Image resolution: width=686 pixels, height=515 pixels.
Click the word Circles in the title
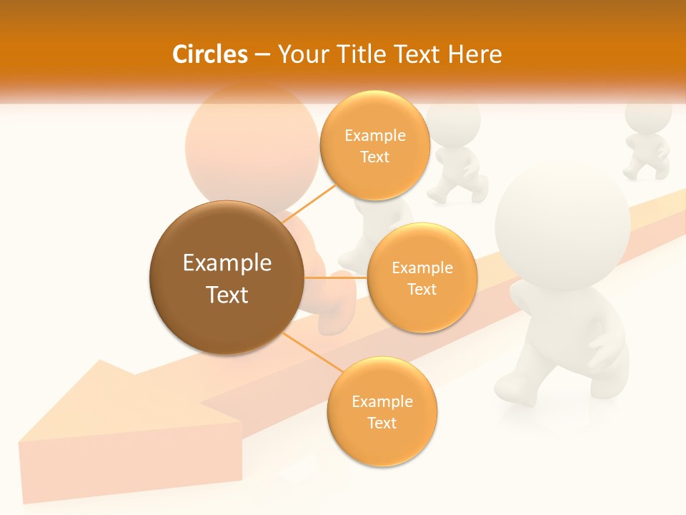[210, 54]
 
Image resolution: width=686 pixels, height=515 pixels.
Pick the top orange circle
[374, 146]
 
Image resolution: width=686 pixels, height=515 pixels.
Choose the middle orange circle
[422, 278]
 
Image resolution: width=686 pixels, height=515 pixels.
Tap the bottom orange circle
[382, 411]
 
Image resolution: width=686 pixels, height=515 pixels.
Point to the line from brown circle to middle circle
[336, 278]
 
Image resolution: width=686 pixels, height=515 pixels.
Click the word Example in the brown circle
[227, 263]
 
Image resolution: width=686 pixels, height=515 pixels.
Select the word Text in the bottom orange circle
[382, 423]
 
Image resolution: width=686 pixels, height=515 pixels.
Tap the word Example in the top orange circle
[374, 135]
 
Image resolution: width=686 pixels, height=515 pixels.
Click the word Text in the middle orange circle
[422, 289]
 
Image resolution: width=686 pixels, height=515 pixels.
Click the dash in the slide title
[262, 55]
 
